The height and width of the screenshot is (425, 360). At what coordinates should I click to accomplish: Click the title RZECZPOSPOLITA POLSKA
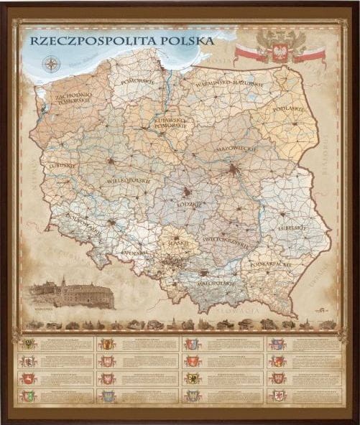pos(122,41)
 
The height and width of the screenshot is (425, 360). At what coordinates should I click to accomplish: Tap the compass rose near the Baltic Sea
pos(52,63)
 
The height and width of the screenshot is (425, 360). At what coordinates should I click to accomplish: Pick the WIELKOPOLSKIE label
pos(129,181)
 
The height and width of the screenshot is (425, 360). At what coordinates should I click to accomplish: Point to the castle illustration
pos(72,294)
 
